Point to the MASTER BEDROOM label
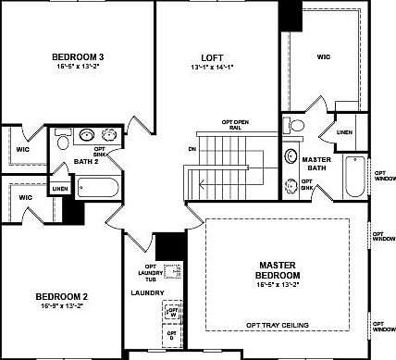[278, 270]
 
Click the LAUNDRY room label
[147, 293]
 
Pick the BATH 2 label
[86, 163]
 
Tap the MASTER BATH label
[316, 164]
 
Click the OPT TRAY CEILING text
[277, 325]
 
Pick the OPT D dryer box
[172, 336]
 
